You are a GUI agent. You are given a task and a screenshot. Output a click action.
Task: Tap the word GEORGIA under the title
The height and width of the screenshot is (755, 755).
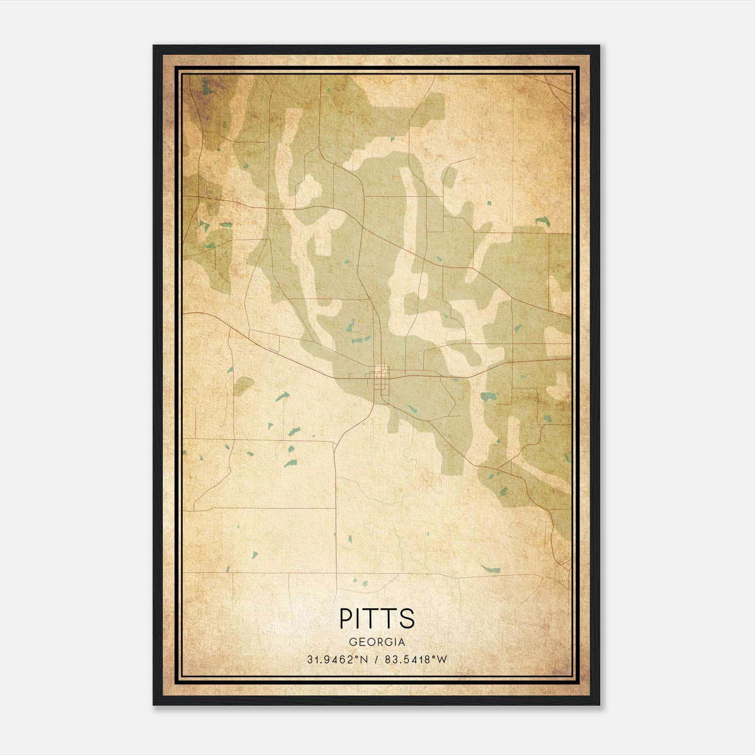coord(377,642)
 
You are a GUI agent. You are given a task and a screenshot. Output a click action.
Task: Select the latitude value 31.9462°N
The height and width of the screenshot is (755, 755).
coord(337,660)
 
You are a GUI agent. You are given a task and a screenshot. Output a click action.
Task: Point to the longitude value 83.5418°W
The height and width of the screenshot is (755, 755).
coord(416,660)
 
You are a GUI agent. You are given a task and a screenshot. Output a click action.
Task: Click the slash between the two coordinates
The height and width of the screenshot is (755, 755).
coord(376,660)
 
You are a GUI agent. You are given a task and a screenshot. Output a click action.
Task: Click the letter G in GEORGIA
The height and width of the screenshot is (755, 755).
coord(353,642)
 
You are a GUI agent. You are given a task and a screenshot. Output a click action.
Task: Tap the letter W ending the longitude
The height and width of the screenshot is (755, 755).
coord(442,660)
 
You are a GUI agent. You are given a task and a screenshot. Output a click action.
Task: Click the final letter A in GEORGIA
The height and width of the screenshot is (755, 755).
coord(402,642)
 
